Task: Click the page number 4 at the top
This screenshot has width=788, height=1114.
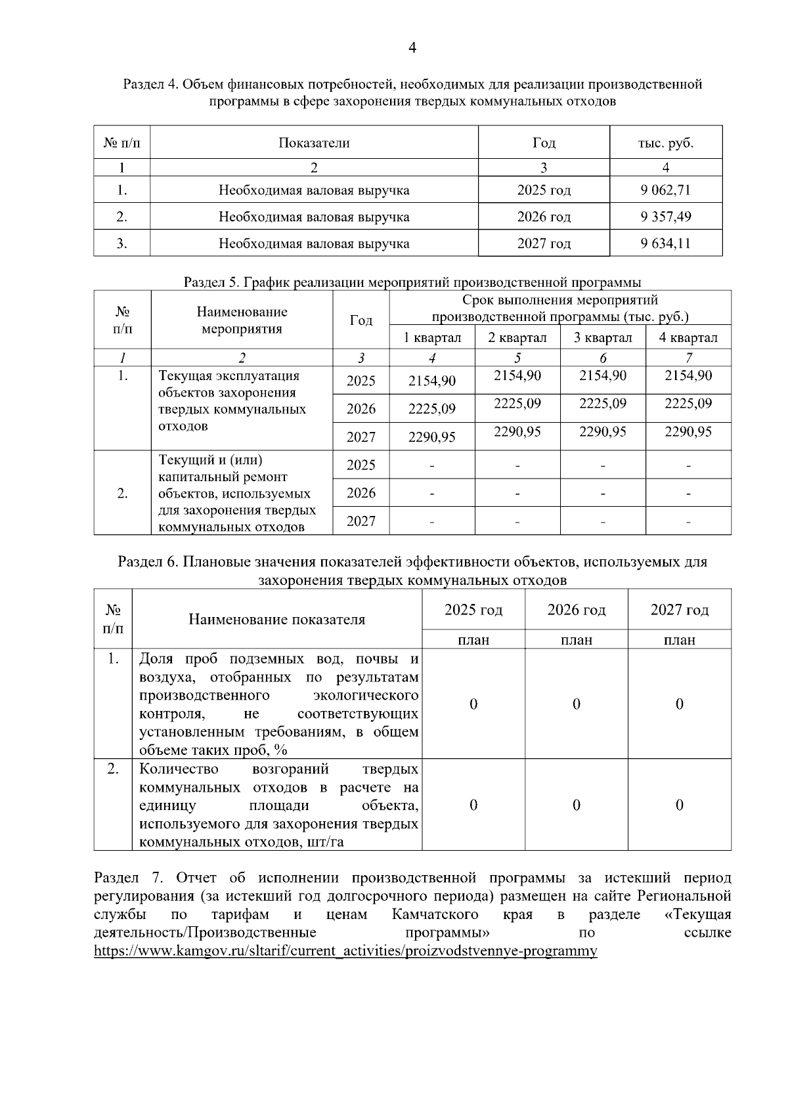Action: [x=412, y=47]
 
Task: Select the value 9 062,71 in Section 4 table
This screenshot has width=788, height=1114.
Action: [x=666, y=190]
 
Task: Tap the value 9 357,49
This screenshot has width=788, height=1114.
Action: [x=666, y=217]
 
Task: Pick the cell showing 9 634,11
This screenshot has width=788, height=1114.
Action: [x=666, y=244]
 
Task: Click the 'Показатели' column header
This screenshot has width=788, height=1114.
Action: [x=314, y=142]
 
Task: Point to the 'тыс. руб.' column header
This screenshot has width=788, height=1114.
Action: [x=666, y=142]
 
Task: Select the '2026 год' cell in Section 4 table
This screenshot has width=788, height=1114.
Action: [x=544, y=217]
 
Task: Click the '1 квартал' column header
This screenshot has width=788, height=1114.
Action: [x=432, y=337]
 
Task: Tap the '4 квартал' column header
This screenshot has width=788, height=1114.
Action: [x=688, y=337]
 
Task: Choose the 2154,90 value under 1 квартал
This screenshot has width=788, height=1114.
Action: [x=432, y=381]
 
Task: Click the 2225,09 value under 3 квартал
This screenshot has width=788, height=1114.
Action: [x=603, y=403]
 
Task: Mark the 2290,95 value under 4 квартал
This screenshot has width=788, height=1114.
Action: [x=688, y=431]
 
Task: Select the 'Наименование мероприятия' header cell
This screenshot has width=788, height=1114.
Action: [x=242, y=320]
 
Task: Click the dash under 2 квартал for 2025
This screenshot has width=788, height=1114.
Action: [x=517, y=465]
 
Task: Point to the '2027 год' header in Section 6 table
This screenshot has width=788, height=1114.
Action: [x=680, y=610]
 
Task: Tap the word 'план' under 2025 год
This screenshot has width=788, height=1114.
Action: [x=473, y=640]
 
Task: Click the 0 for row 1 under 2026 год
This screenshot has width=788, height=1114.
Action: [x=577, y=704]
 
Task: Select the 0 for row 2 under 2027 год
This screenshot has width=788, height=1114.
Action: [x=680, y=805]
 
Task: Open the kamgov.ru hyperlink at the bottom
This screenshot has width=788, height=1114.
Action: [x=345, y=951]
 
